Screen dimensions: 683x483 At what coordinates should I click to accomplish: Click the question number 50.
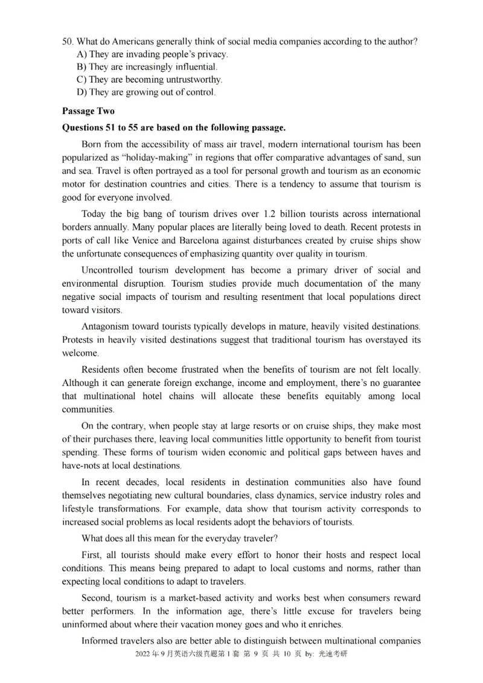67,42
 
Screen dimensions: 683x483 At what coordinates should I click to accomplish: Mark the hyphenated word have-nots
83,465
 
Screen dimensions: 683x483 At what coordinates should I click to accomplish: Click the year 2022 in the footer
144,654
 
